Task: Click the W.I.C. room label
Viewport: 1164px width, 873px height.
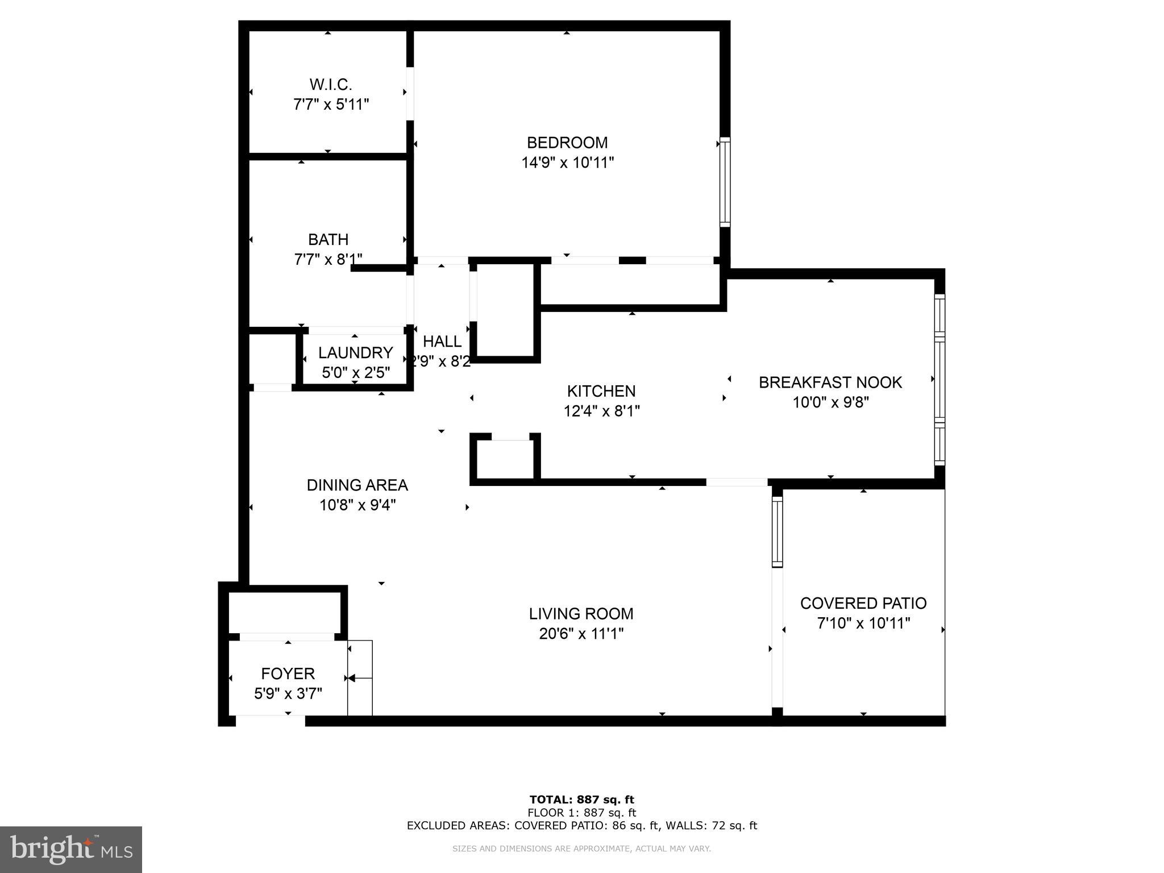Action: click(x=331, y=85)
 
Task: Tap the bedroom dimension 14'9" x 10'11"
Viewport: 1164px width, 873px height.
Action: click(x=567, y=163)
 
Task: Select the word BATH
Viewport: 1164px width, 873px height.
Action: click(x=328, y=239)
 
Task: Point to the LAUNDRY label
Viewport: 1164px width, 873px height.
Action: click(x=355, y=352)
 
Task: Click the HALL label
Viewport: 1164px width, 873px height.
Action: click(x=442, y=341)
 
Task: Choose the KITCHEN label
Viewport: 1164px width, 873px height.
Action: click(x=601, y=391)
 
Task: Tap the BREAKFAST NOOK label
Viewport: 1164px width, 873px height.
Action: click(x=830, y=383)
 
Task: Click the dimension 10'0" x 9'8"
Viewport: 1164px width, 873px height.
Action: click(x=830, y=402)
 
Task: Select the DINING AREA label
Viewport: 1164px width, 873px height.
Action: click(x=357, y=485)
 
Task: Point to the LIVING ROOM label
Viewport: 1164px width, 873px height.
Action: click(x=581, y=614)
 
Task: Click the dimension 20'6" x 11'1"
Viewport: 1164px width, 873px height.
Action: click(x=581, y=634)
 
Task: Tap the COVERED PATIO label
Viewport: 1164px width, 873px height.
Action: click(x=863, y=603)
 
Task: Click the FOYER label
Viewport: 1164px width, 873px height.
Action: click(x=288, y=674)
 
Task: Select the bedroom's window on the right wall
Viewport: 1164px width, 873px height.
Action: click(x=725, y=182)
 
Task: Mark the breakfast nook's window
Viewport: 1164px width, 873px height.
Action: click(x=939, y=379)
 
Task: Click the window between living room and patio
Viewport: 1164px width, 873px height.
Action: click(x=777, y=532)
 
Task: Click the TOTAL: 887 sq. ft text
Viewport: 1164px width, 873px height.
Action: click(x=581, y=800)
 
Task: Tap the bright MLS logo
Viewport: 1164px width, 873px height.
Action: click(x=70, y=849)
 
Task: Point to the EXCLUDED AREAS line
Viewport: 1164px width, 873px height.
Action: click(x=581, y=825)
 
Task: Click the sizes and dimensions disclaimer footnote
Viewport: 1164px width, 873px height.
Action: click(x=581, y=849)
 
